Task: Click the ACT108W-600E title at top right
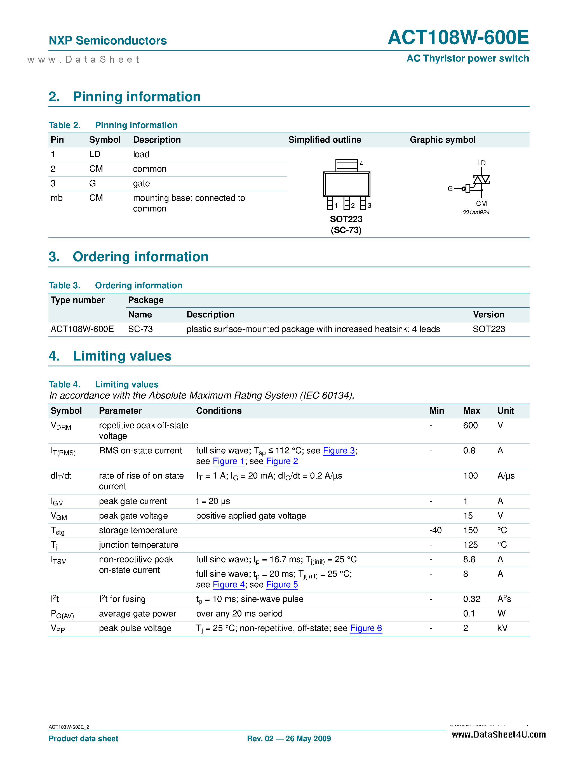[x=458, y=37]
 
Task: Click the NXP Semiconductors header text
[x=108, y=41]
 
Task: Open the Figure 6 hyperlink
[x=366, y=628]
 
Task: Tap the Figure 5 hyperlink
[x=282, y=585]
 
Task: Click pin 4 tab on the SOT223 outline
[x=346, y=165]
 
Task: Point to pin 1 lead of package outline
[x=330, y=203]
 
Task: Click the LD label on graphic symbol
[x=481, y=163]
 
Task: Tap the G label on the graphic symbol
[x=450, y=189]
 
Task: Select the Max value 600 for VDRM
[x=470, y=425]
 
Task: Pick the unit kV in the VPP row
[x=502, y=628]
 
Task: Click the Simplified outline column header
[x=324, y=140]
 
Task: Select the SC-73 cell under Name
[x=140, y=329]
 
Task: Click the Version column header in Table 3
[x=488, y=315]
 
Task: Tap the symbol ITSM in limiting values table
[x=58, y=560]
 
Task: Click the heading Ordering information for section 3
[x=140, y=257]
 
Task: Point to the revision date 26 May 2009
[x=308, y=739]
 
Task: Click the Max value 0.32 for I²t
[x=471, y=599]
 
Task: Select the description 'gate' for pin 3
[x=141, y=183]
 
